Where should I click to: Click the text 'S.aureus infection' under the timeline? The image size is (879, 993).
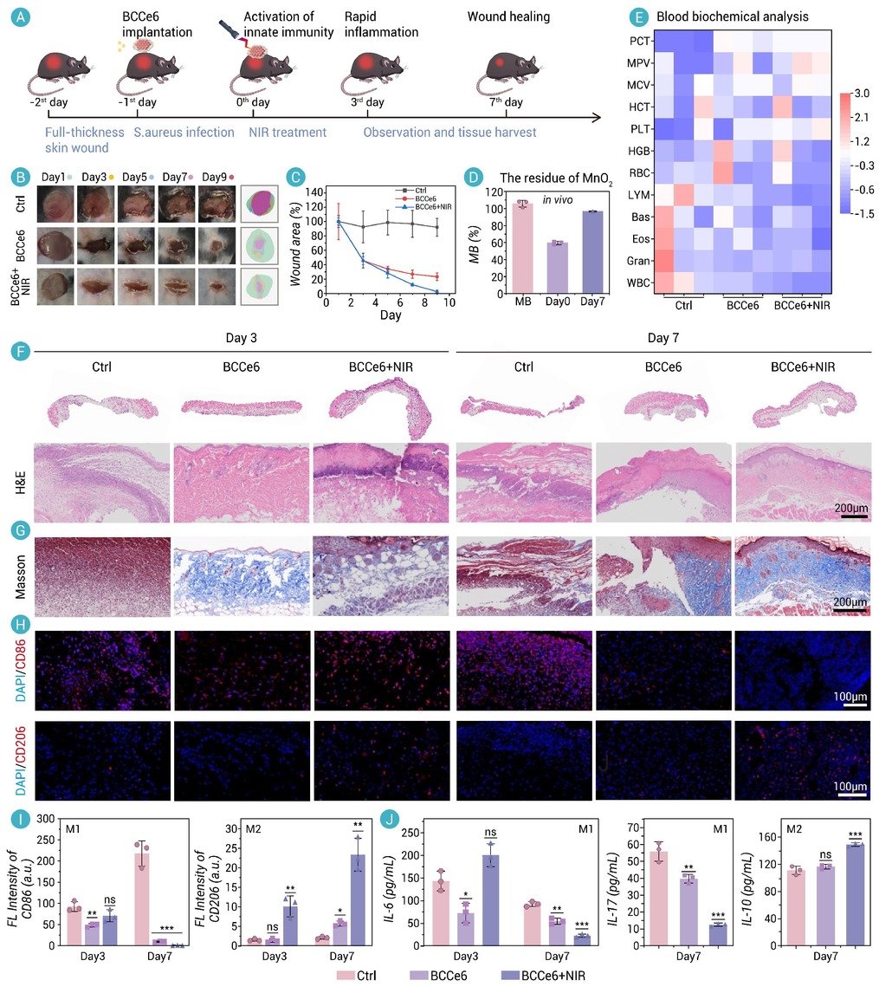184,133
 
